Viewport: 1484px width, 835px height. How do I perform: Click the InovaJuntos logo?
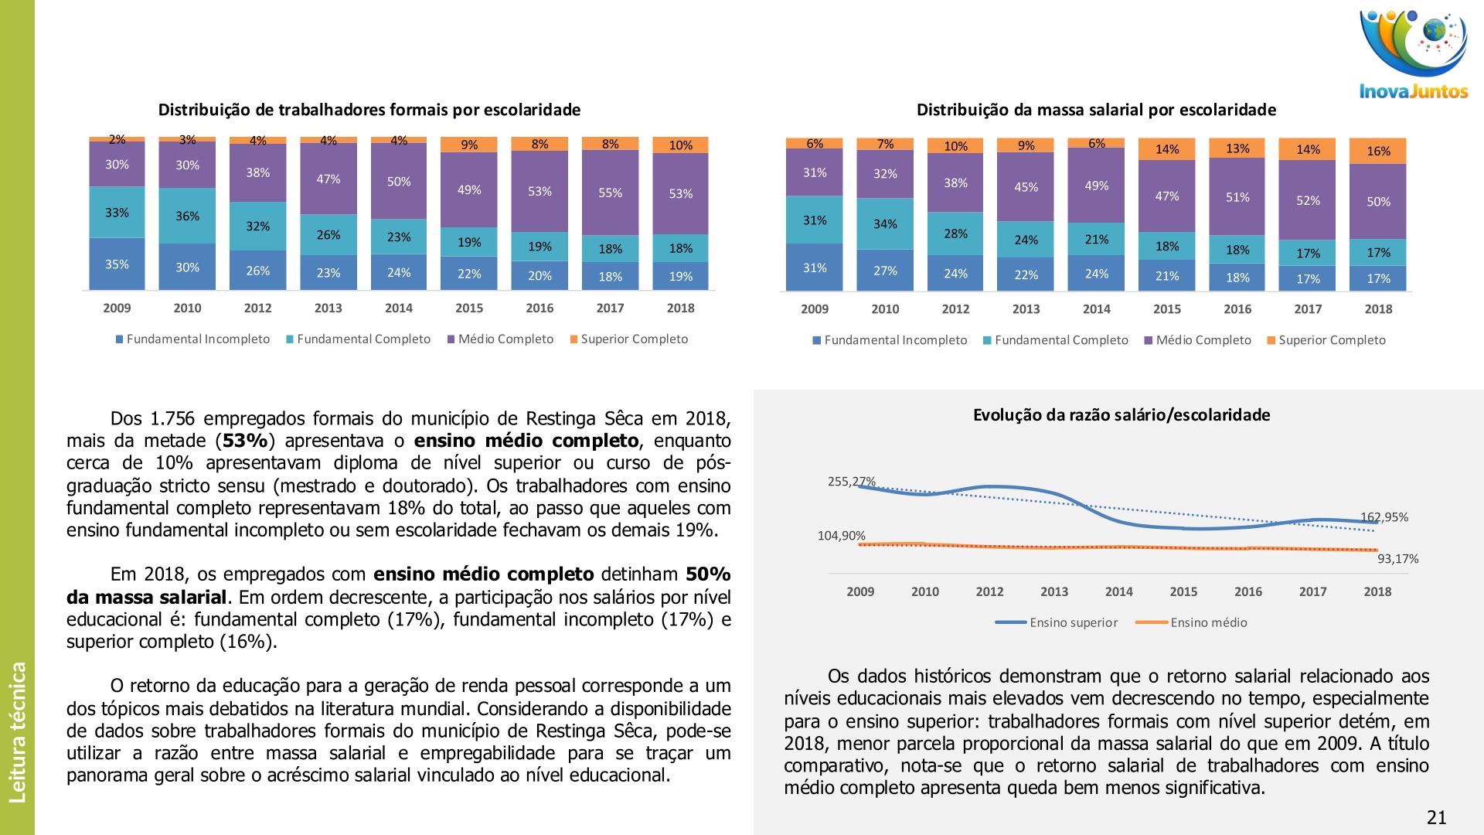click(1414, 54)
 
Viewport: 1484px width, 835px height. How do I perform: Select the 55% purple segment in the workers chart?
click(610, 193)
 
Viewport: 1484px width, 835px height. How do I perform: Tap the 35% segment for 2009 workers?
click(117, 264)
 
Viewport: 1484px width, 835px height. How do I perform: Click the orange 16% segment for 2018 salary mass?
click(1378, 151)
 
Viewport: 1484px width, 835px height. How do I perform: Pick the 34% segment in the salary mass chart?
click(885, 224)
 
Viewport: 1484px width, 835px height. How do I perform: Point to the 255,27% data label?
click(851, 482)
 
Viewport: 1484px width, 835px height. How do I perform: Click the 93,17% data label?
click(1397, 559)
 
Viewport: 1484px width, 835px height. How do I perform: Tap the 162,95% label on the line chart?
click(1384, 517)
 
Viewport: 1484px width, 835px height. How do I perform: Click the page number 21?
click(1436, 817)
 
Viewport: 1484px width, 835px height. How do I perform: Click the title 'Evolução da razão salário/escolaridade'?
click(1121, 415)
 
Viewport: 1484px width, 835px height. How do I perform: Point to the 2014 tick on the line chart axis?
click(1118, 591)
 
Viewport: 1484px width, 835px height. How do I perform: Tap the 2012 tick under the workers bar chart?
click(257, 308)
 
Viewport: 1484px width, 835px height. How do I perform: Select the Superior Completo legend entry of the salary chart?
click(1326, 340)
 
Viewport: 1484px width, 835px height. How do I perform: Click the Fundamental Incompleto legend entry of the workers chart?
click(192, 339)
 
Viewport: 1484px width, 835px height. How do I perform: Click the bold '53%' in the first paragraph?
click(245, 441)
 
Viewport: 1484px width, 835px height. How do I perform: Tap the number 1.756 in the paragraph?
click(173, 418)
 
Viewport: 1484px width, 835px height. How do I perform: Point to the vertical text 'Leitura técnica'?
click(17, 731)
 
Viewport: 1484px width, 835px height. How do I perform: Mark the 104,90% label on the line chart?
click(841, 536)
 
